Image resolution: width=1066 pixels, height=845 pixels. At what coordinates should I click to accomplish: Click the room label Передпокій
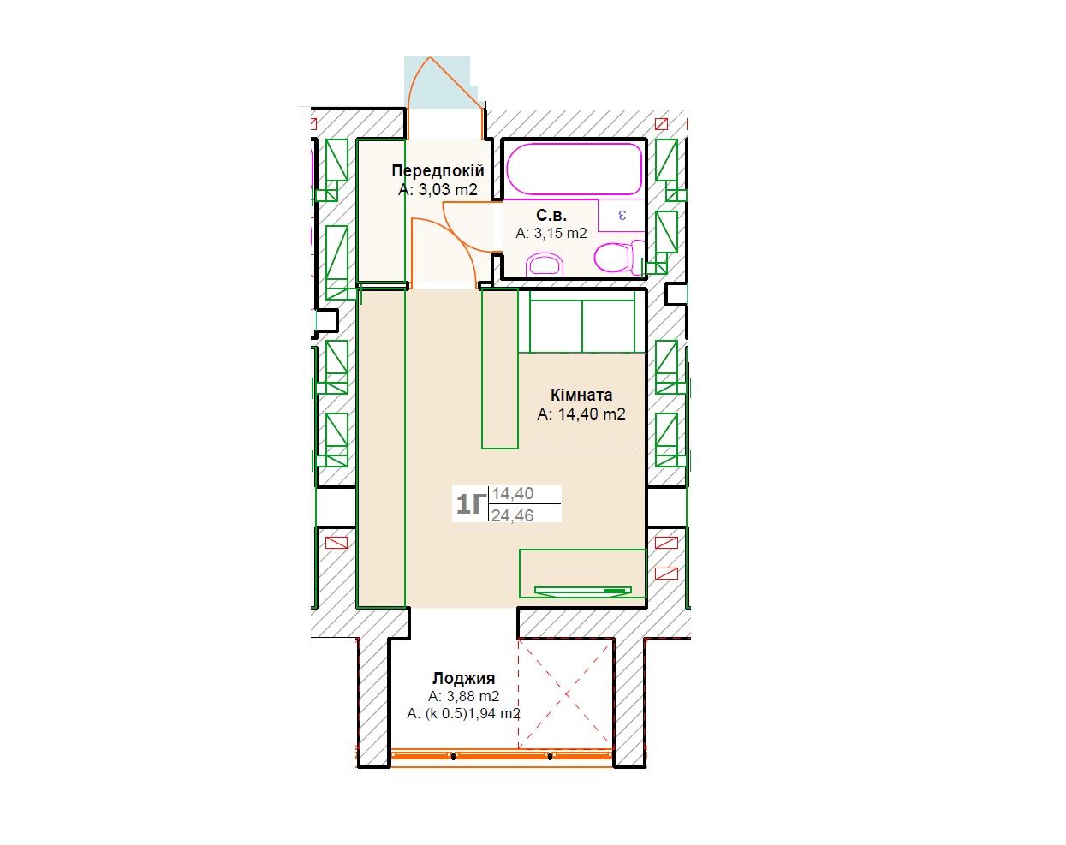(x=438, y=170)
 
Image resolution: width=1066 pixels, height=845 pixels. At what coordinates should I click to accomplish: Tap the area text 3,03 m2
(x=448, y=189)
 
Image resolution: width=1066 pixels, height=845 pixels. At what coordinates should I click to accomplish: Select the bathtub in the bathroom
(x=575, y=169)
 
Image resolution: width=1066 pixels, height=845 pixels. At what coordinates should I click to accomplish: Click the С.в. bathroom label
(x=551, y=215)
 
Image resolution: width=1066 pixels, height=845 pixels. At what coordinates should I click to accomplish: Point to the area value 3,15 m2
(x=560, y=233)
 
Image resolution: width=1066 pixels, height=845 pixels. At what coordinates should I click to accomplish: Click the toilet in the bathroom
(x=619, y=257)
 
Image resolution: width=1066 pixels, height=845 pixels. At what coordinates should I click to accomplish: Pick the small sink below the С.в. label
(x=544, y=265)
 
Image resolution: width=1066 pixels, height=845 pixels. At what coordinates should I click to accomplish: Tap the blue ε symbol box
(x=621, y=216)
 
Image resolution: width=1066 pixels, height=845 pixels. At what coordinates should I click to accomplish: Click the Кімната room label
(x=581, y=395)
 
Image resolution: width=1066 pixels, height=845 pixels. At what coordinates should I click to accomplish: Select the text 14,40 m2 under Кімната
(x=592, y=414)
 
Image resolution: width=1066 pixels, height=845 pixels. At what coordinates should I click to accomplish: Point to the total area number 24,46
(x=512, y=515)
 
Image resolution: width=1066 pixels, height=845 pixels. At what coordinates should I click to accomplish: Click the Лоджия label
(x=464, y=678)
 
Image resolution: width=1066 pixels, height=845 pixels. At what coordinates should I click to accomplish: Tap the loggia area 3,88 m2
(x=473, y=696)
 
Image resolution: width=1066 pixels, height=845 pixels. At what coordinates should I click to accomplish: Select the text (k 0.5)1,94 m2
(x=473, y=713)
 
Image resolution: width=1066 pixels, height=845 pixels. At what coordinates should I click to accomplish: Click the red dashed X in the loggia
(x=566, y=694)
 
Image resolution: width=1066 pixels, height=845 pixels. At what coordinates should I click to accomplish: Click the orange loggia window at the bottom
(x=502, y=756)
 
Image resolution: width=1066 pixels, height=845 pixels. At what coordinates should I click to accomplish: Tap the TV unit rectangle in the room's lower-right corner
(x=582, y=573)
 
